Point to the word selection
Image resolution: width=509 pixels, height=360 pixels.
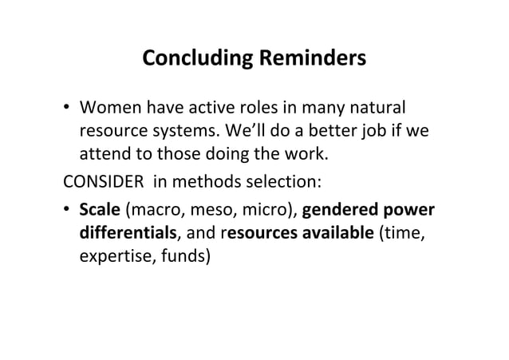[285, 181]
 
